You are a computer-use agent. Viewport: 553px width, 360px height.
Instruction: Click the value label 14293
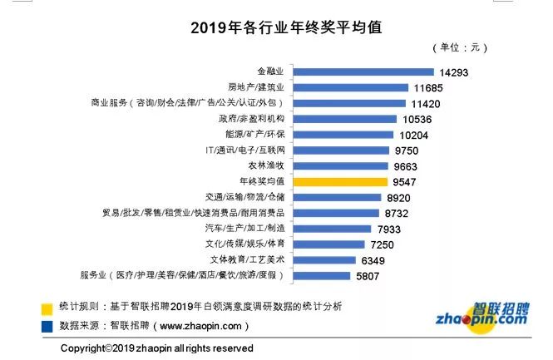coord(454,72)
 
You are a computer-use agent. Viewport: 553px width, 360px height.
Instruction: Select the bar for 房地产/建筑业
coord(351,87)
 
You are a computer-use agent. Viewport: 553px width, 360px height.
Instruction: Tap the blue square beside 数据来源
coord(48,325)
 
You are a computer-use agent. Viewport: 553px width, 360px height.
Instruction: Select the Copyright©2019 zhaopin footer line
coord(157,348)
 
